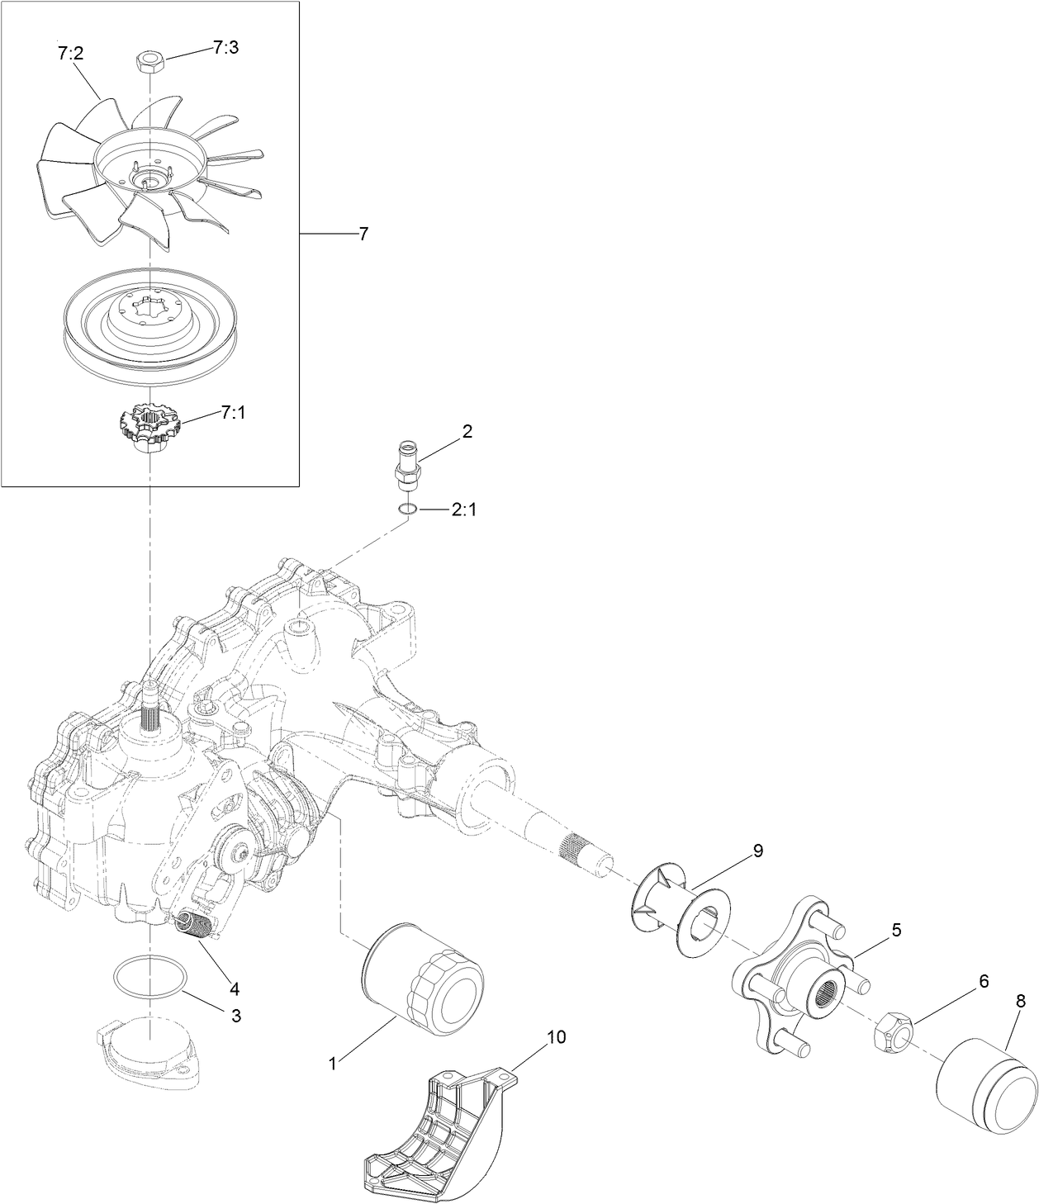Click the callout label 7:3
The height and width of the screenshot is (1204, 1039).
(225, 48)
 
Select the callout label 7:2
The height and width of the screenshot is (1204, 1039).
(70, 54)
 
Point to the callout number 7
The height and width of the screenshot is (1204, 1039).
(363, 235)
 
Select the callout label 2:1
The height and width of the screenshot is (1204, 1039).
(463, 510)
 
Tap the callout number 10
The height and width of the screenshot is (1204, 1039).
(557, 1038)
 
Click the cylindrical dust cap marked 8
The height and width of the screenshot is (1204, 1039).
(986, 1083)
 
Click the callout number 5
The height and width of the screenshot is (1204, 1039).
(895, 931)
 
